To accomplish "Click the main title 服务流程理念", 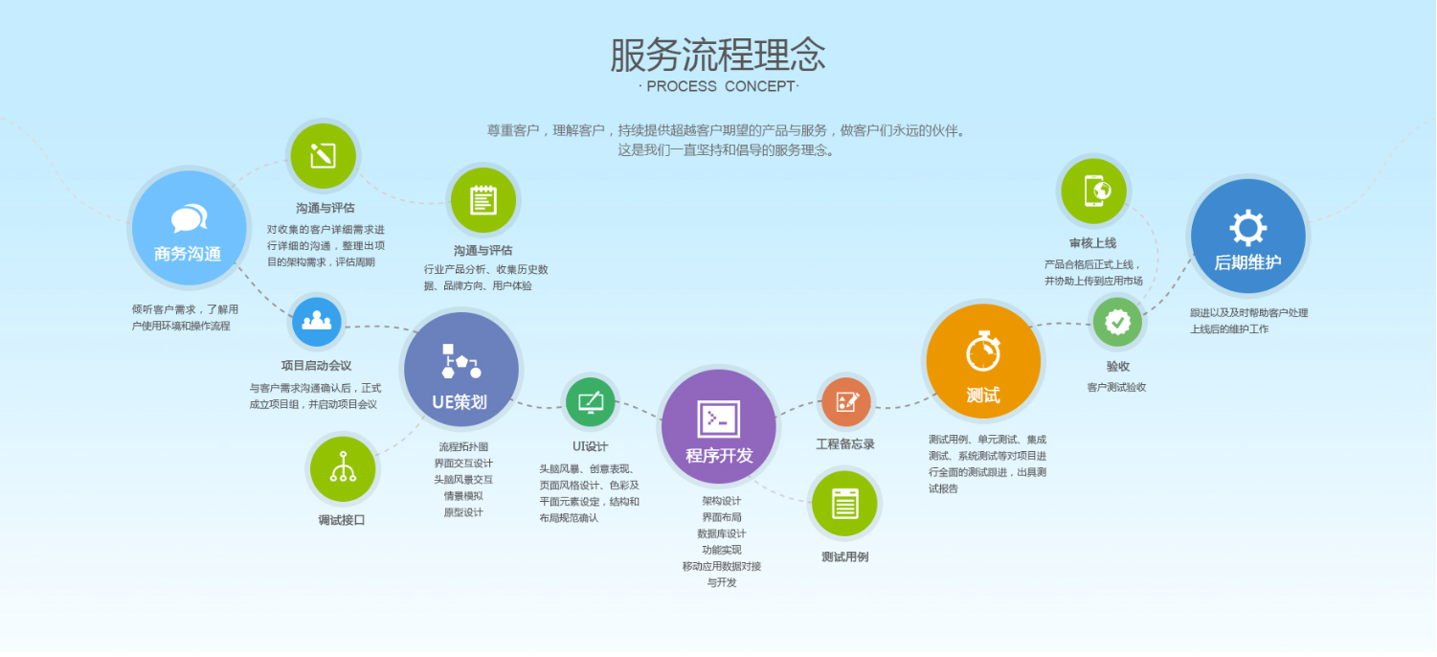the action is point(718,55).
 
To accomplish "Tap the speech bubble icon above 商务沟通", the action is point(190,218).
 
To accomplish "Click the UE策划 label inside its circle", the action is point(460,402).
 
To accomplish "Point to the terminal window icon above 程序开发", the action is point(718,419).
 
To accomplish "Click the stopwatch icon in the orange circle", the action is point(983,351).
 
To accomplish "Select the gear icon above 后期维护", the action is point(1247,227).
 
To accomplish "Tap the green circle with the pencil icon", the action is point(323,156).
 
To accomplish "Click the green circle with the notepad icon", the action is point(483,200).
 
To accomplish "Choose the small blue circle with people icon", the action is point(316,322).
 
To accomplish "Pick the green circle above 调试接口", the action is point(343,469).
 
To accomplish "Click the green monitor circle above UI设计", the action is point(590,402).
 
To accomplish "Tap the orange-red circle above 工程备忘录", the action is point(846,402).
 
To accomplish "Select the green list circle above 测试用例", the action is point(844,503).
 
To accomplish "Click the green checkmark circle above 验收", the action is point(1117,322).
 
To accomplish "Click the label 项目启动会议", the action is point(316,366).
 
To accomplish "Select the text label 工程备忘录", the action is point(845,444).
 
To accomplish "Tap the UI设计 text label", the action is point(590,446).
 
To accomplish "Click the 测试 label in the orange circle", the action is point(983,396).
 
